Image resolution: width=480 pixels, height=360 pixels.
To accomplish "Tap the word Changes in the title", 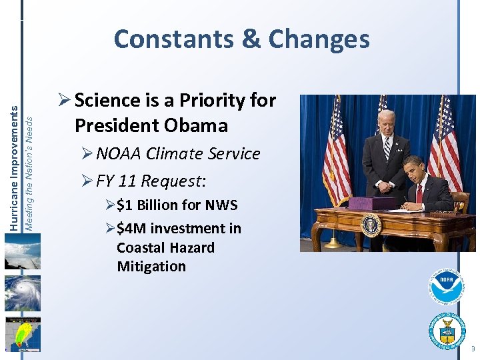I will pos(319,39).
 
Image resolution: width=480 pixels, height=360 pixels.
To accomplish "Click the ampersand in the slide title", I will pos(251,39).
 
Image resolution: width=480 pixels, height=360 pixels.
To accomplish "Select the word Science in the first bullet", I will pos(107,101).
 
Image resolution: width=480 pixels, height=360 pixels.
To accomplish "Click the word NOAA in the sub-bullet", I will pos(121,154).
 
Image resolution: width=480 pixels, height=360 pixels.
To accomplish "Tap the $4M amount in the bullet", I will pos(131,229).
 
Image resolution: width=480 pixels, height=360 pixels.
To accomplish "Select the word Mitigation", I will pos(151,267).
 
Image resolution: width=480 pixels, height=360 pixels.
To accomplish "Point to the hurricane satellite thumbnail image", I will pos(22,293).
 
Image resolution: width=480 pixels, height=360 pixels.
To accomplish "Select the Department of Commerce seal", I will pos(446,330).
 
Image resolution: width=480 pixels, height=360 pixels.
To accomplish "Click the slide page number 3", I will pos(473,349).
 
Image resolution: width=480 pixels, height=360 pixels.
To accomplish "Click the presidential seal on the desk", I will pos(371,224).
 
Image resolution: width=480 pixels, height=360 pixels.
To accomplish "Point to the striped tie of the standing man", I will pos(387,149).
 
